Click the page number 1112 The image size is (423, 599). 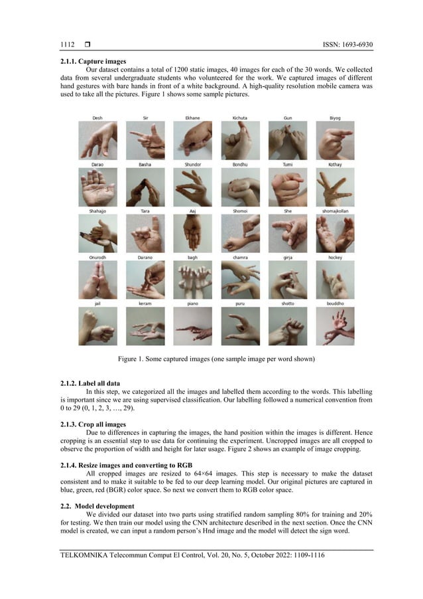coord(66,44)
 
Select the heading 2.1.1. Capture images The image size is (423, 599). coord(93,62)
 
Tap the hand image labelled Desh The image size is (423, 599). coord(97,140)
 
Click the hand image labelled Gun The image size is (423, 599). coord(287,140)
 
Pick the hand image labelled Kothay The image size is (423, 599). coord(335,187)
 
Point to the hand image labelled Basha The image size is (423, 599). coord(145,187)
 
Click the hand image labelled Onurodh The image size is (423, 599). coord(97,280)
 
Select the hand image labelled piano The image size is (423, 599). coord(192,326)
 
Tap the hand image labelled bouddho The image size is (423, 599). coord(335,326)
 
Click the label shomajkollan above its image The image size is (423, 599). coord(335,211)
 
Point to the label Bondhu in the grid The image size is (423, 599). coord(240,164)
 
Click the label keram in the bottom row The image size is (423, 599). coord(145,303)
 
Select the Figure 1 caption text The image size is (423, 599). coord(211,359)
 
